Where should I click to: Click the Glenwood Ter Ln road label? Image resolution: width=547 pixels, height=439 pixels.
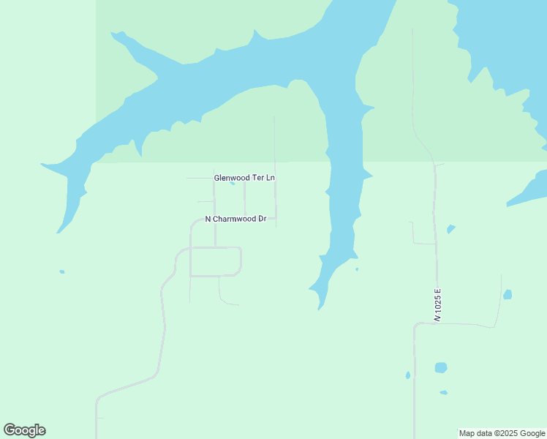244,178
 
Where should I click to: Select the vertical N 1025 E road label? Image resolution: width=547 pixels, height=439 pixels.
437,304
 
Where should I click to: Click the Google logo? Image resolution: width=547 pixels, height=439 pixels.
25,430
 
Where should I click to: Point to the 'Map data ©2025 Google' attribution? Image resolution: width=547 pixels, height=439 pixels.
502,433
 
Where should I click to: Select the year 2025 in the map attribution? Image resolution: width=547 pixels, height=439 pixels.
510,433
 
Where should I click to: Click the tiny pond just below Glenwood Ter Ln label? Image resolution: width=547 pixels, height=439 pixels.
233,184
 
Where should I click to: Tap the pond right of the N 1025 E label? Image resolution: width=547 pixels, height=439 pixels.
508,294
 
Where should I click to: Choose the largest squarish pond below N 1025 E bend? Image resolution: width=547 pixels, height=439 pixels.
440,367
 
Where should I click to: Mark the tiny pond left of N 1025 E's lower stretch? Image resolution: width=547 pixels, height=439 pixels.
408,375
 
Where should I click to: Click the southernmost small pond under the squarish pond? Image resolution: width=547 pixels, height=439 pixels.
443,393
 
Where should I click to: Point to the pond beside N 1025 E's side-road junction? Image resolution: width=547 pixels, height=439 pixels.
451,229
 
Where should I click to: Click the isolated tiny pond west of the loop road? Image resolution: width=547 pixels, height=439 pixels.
62,271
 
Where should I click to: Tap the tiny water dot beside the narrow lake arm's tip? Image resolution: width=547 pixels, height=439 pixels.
357,269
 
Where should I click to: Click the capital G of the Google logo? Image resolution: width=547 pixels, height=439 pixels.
10,430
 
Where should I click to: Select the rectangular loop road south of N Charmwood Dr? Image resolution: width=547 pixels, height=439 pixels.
215,261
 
